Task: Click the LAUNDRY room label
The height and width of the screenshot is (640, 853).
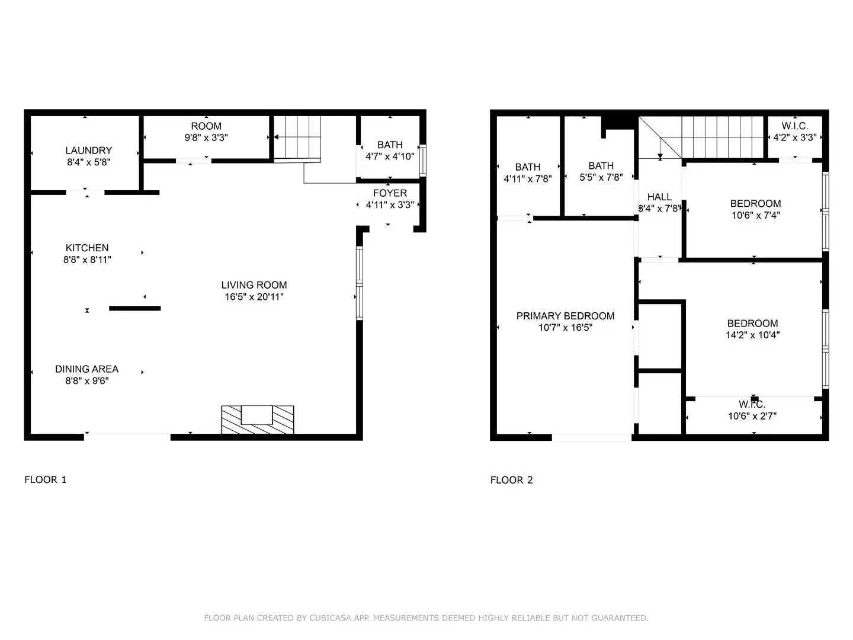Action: [88, 151]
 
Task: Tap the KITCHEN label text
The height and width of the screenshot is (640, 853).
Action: [87, 248]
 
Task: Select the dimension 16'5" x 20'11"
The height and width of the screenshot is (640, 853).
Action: [254, 297]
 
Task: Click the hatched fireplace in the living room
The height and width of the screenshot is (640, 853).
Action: [257, 420]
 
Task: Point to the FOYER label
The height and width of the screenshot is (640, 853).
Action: [390, 193]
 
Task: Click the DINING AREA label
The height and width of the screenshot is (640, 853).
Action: [87, 369]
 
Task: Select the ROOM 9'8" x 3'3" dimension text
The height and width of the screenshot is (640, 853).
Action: [206, 137]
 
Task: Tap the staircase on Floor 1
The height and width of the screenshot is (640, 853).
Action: [297, 137]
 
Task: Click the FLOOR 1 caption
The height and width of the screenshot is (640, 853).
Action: [46, 479]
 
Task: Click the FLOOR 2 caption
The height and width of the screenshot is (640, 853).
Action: [511, 480]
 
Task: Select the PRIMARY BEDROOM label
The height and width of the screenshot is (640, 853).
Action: [565, 316]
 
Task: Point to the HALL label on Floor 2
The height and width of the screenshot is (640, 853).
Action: [659, 197]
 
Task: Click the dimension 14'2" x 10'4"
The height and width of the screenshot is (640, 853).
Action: [752, 335]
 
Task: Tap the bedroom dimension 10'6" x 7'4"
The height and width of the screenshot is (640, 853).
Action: [755, 215]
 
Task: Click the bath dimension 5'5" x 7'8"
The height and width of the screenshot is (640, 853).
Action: [601, 177]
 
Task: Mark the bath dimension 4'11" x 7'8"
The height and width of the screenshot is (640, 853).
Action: [527, 178]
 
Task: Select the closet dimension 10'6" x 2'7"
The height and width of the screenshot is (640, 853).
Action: [752, 416]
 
